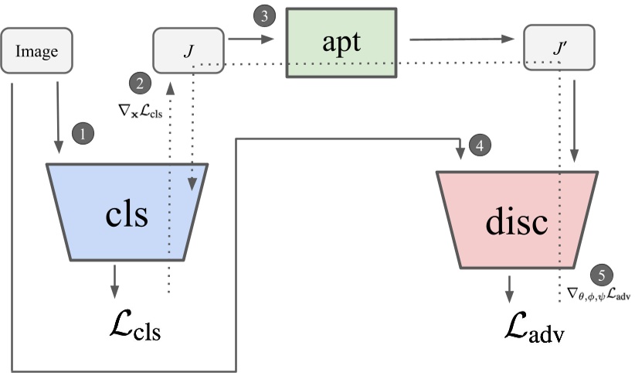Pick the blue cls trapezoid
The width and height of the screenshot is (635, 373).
(127, 210)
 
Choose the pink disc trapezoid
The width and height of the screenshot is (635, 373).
(517, 220)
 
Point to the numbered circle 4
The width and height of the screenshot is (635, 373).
(479, 145)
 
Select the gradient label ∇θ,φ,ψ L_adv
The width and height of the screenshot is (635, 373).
(593, 294)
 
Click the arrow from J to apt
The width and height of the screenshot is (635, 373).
(250, 37)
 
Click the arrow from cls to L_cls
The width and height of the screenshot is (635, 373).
(114, 280)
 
